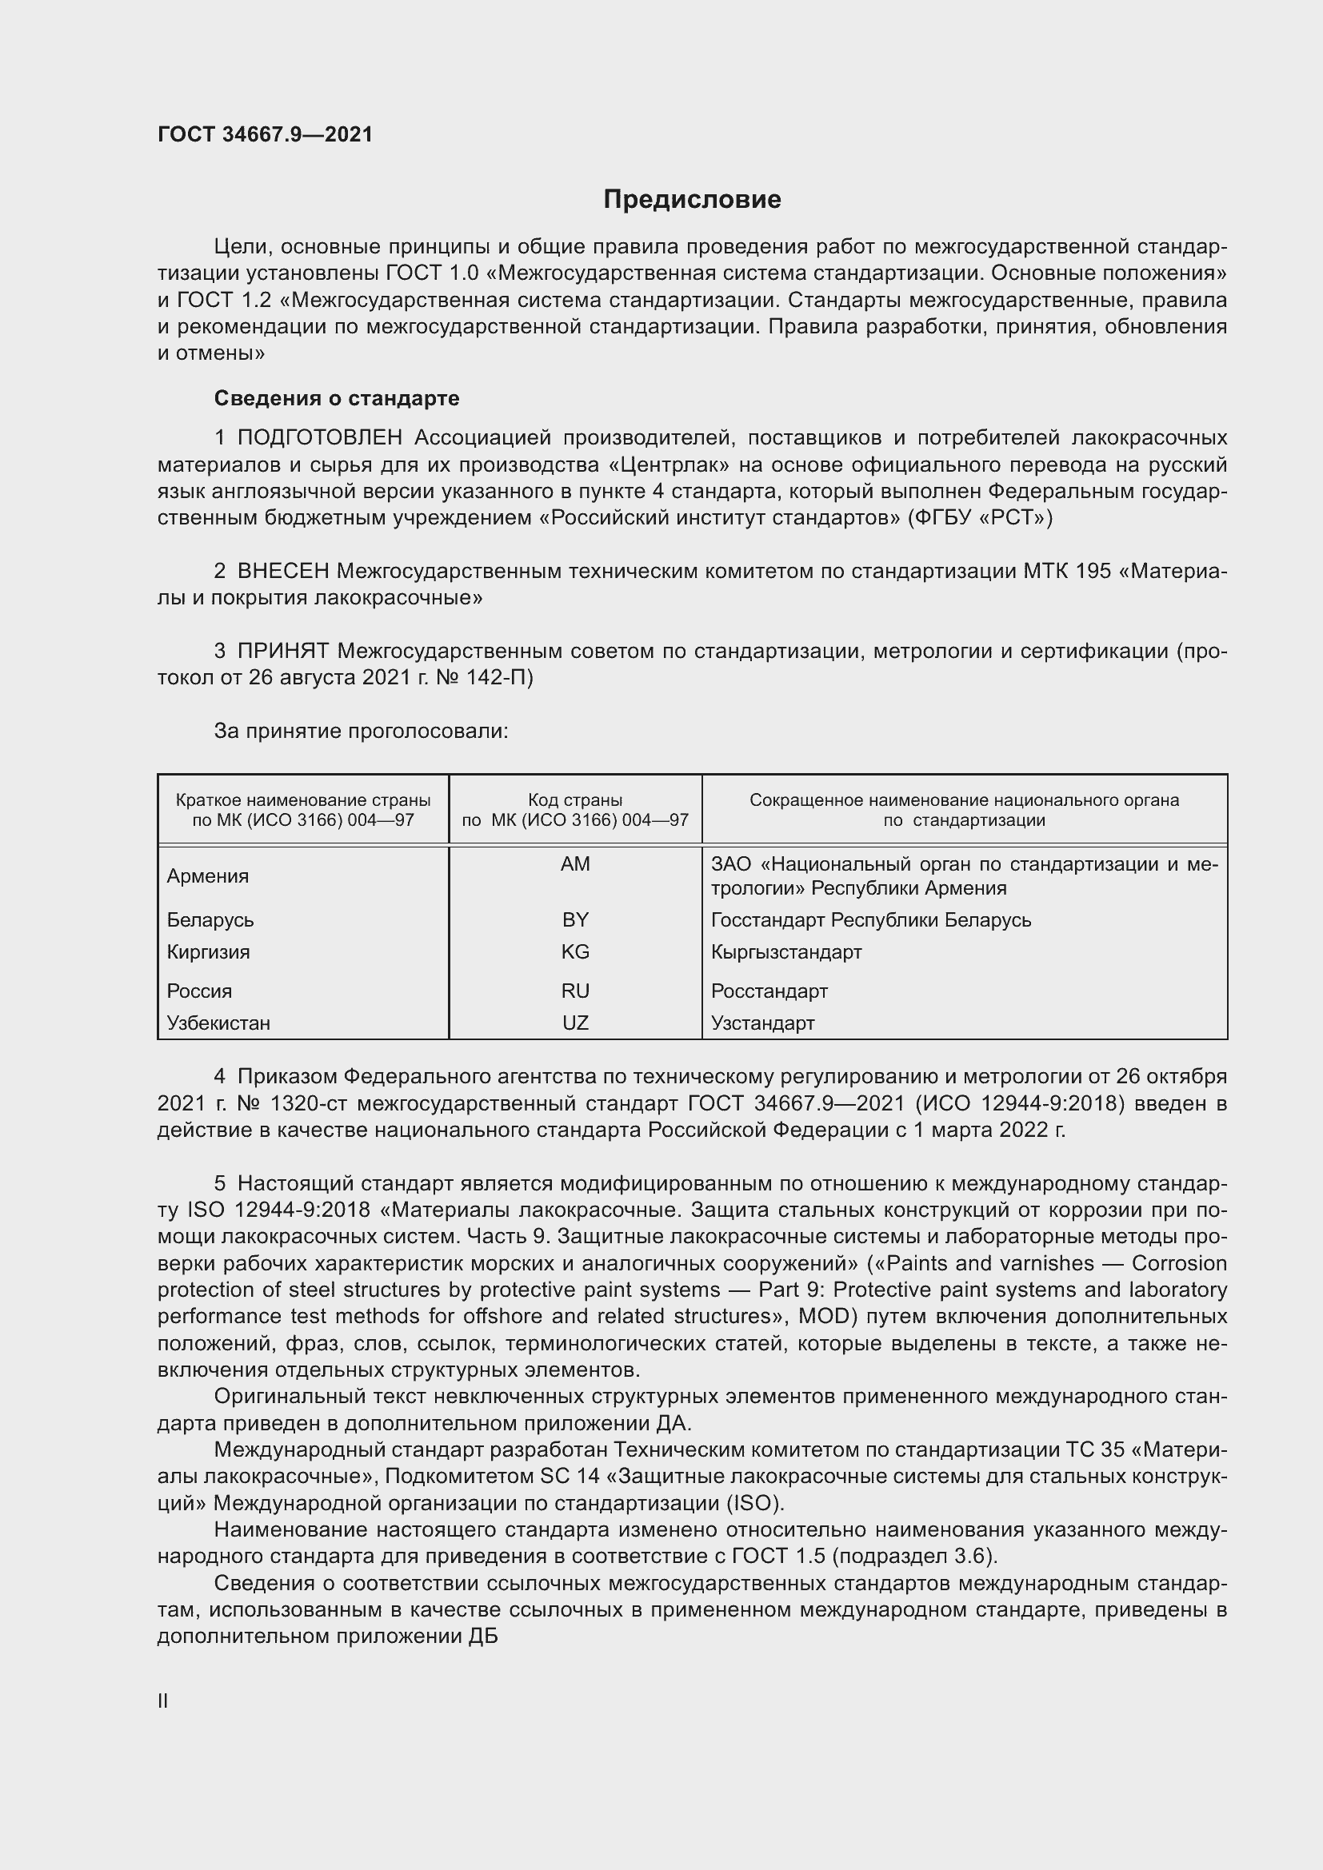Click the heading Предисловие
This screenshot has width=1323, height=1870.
click(692, 200)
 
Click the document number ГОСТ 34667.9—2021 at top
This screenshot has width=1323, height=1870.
click(265, 134)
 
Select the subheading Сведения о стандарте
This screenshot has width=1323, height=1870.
click(337, 398)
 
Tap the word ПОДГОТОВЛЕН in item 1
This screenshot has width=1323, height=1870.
click(320, 438)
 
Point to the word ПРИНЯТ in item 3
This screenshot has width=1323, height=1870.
click(282, 651)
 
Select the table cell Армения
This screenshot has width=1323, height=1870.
click(208, 876)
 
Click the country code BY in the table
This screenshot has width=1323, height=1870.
click(575, 919)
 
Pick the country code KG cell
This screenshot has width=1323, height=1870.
click(575, 951)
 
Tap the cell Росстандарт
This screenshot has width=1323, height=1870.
click(769, 991)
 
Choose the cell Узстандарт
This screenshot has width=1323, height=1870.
click(762, 1023)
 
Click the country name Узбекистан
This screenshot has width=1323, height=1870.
click(218, 1023)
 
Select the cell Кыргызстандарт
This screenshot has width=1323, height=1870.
click(786, 951)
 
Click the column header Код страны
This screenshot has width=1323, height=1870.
click(575, 799)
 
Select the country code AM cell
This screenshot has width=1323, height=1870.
click(575, 864)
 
